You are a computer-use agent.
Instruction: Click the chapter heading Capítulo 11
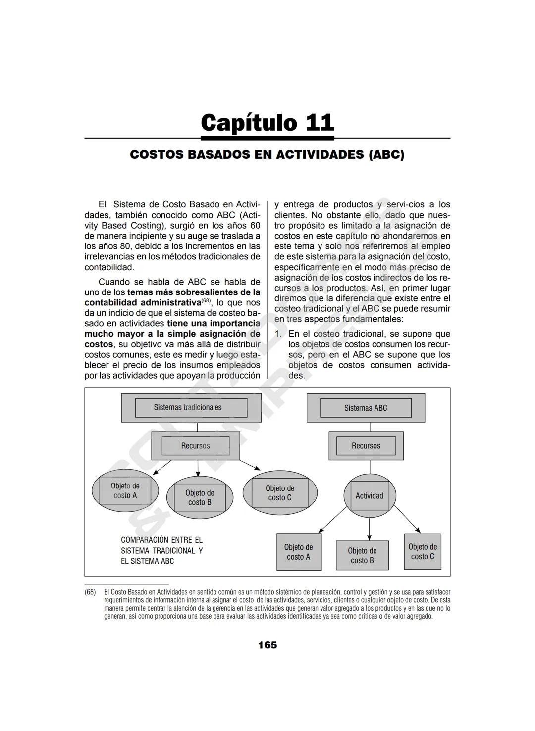pyautogui.click(x=267, y=122)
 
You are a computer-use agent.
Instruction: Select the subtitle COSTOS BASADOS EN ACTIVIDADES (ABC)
pyautogui.click(x=267, y=155)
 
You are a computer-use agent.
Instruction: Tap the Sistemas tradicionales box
pyautogui.click(x=191, y=407)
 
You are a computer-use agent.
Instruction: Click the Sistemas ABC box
pyautogui.click(x=366, y=408)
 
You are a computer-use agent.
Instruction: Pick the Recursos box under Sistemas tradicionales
pyautogui.click(x=195, y=445)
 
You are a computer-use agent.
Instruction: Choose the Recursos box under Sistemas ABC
pyautogui.click(x=366, y=445)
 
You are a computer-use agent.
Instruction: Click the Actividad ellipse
pyautogui.click(x=369, y=495)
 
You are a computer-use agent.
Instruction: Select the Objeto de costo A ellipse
pyautogui.click(x=125, y=490)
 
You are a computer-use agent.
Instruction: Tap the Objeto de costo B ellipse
pyautogui.click(x=199, y=497)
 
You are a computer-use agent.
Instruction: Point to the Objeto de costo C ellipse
pyautogui.click(x=279, y=493)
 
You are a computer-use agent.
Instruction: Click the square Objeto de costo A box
pyautogui.click(x=299, y=552)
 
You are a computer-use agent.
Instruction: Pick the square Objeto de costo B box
pyautogui.click(x=362, y=555)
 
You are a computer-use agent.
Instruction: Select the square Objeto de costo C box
pyautogui.click(x=422, y=551)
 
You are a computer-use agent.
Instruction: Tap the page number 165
pyautogui.click(x=267, y=645)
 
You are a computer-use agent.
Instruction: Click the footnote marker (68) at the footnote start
pyautogui.click(x=90, y=592)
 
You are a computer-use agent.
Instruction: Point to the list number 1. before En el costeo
pyautogui.click(x=278, y=334)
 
